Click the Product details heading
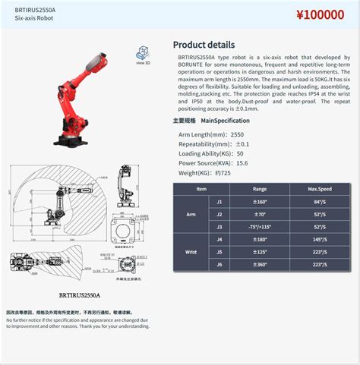[x=204, y=45]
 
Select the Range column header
[x=260, y=188]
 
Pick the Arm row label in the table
[x=191, y=215]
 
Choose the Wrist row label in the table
[x=191, y=251]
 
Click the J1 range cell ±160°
[x=260, y=203]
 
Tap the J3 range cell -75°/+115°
[x=260, y=227]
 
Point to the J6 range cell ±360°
[x=260, y=264]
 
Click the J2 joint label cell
[x=219, y=215]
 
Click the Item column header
[x=201, y=188]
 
